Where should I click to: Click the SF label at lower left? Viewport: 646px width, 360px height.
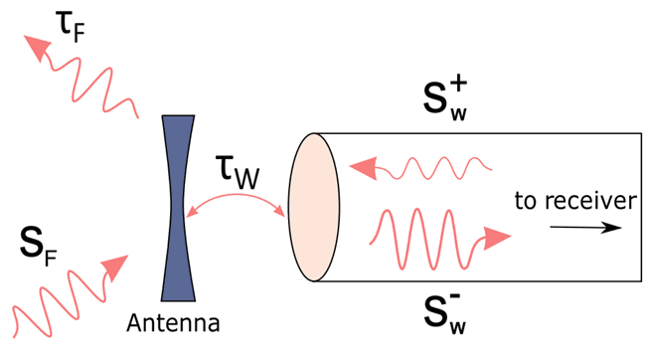[39, 240]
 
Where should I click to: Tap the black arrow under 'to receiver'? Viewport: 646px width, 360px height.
[587, 226]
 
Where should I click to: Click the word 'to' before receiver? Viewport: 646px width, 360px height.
[526, 202]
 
